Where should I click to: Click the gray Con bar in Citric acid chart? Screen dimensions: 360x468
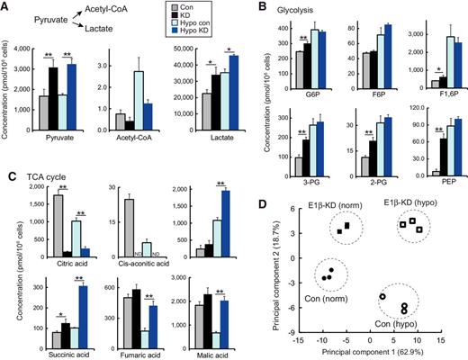(34, 226)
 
